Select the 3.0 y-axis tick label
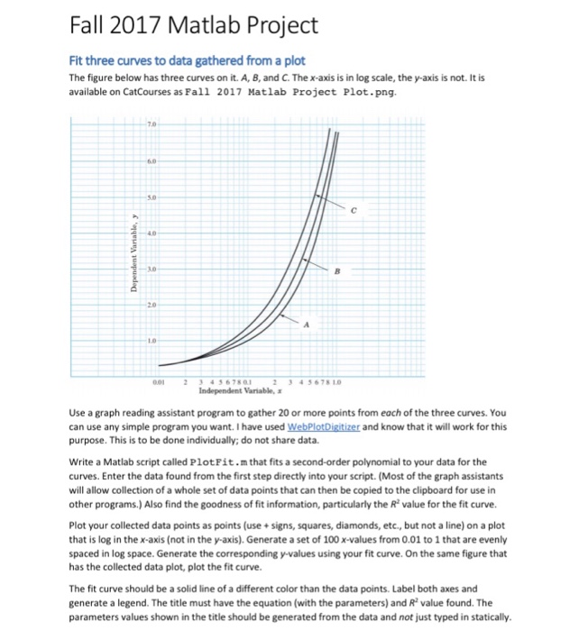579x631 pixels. point(164,269)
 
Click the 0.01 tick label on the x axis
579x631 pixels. point(160,380)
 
